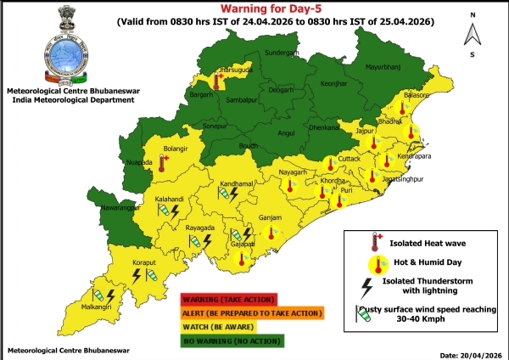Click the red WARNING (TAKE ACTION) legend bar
(229, 299)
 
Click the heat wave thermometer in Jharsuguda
(219, 82)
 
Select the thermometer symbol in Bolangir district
(162, 162)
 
